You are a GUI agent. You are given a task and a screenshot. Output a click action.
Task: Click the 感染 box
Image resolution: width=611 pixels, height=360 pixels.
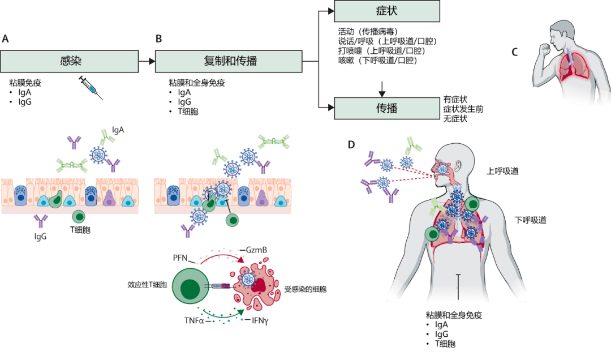click(x=70, y=61)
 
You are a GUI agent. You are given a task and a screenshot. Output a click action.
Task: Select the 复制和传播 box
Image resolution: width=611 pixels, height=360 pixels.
click(x=229, y=61)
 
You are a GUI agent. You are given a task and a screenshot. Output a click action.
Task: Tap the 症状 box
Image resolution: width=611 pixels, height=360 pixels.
click(x=387, y=11)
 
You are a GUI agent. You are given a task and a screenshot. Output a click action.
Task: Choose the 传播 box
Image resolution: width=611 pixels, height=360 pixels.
click(x=387, y=108)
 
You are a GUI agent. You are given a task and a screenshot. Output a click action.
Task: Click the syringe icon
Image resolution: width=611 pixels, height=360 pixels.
click(x=91, y=88)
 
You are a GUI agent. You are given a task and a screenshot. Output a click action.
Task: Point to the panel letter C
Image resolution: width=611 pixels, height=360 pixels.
click(x=515, y=52)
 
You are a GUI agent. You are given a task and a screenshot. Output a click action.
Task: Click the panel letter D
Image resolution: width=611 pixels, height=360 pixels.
click(x=351, y=145)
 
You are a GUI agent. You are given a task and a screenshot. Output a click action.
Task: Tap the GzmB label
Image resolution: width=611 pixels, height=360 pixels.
click(x=256, y=250)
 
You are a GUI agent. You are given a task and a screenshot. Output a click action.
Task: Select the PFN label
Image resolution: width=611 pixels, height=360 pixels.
click(x=180, y=258)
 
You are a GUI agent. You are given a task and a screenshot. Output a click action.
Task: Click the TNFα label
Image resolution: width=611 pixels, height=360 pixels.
click(x=194, y=320)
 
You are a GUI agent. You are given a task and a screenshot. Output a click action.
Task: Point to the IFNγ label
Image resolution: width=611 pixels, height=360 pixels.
click(x=260, y=320)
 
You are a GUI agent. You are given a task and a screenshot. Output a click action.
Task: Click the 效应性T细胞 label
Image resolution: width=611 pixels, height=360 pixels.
click(x=147, y=285)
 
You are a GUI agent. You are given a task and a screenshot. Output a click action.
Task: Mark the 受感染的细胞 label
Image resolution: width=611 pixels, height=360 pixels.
click(x=305, y=289)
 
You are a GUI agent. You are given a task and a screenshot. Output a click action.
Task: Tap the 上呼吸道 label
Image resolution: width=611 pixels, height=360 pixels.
click(x=502, y=171)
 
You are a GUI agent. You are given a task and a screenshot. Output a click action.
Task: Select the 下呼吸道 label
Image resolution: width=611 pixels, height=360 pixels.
click(x=530, y=220)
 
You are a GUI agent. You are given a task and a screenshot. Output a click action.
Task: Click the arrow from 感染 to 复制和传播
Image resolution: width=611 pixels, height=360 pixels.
click(x=147, y=61)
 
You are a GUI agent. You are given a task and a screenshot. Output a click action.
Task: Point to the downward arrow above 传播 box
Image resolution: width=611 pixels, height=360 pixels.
click(x=382, y=89)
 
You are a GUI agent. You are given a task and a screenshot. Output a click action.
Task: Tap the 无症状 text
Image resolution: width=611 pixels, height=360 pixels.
click(x=455, y=118)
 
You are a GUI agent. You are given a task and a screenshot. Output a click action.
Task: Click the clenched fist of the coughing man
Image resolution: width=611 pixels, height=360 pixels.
click(x=544, y=49)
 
